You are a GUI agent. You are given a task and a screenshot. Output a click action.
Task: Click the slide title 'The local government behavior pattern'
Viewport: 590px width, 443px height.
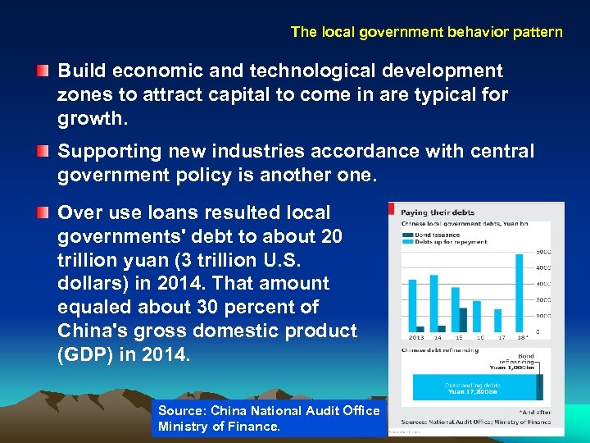(426, 33)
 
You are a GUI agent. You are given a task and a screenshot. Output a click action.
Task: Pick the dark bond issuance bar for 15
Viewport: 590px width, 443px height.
(462, 319)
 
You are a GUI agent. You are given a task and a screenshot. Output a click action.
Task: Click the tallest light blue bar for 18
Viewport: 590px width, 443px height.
(519, 292)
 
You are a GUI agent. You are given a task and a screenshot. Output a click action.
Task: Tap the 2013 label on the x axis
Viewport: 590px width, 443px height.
(416, 337)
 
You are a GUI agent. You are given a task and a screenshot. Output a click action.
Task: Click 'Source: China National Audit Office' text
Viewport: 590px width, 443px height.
(269, 411)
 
